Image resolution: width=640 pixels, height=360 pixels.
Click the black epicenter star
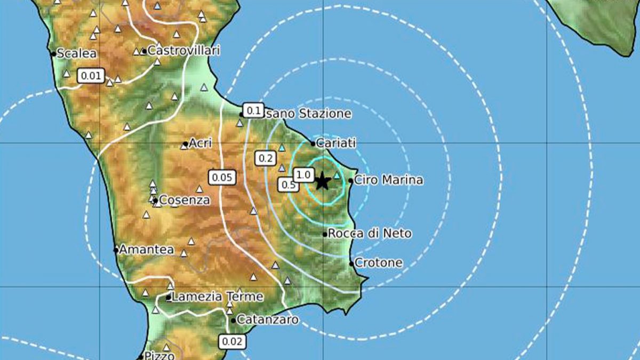(x=322, y=181)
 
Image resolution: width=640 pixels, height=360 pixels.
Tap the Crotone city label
(x=379, y=263)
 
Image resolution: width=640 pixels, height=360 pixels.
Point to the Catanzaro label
(x=267, y=320)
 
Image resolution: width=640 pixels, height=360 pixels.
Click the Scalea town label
(x=76, y=53)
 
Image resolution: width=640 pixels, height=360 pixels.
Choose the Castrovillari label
(x=183, y=51)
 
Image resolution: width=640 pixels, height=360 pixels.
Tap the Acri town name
(x=201, y=143)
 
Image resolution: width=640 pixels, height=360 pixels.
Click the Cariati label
(x=336, y=143)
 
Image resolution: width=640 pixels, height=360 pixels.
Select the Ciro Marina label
(x=389, y=180)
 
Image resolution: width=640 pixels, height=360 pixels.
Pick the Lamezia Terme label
(x=218, y=297)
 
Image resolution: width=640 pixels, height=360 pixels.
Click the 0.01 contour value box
(x=91, y=76)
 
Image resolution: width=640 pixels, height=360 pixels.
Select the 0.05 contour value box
(x=221, y=178)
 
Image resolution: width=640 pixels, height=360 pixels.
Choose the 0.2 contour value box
(x=266, y=158)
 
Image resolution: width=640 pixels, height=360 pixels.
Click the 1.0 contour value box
(x=303, y=174)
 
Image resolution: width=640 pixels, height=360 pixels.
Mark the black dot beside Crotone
(x=351, y=263)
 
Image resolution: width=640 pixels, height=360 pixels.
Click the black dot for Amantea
(x=116, y=250)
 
